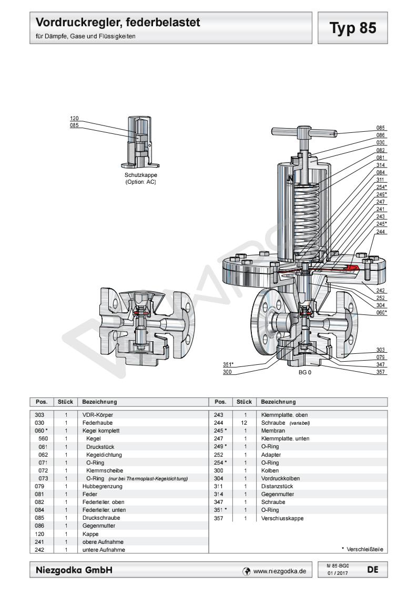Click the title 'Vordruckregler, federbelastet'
click(x=119, y=23)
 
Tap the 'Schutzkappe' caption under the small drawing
click(x=140, y=175)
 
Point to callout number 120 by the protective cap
click(x=74, y=119)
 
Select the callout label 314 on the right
click(x=381, y=164)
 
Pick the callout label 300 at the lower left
click(x=228, y=372)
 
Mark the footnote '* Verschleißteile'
click(x=362, y=550)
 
